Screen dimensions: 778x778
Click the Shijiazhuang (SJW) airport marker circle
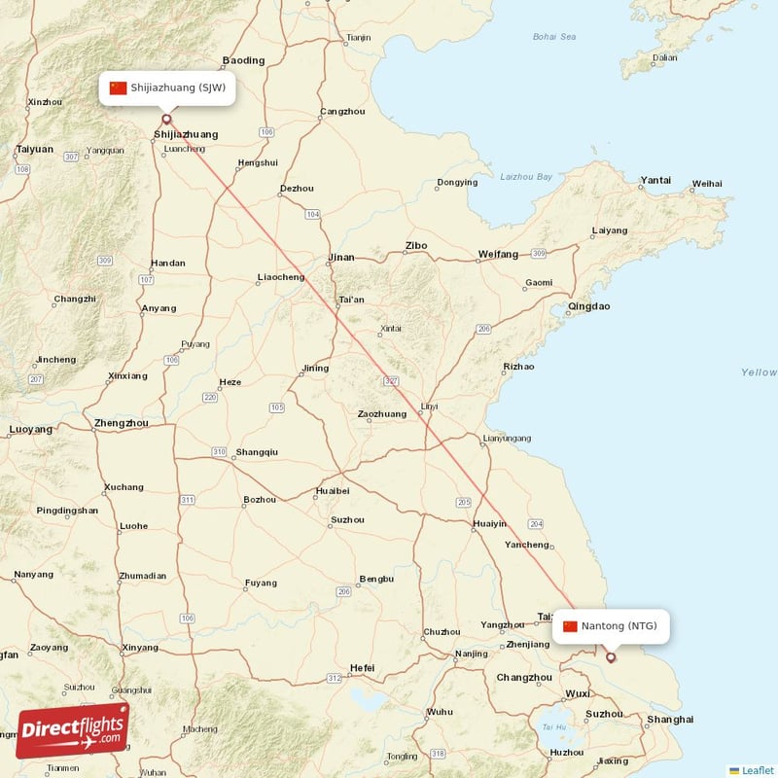(165, 120)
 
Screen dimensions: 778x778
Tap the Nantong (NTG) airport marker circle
(611, 657)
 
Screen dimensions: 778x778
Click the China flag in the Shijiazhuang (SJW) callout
(119, 88)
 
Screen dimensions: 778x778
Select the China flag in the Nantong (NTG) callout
(570, 625)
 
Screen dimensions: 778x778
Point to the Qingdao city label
(588, 306)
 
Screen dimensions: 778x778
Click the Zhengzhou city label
(122, 423)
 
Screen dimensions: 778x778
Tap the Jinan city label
(341, 258)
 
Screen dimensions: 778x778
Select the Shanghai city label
(670, 720)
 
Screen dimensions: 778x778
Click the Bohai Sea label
(554, 37)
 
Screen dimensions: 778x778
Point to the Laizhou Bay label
(526, 177)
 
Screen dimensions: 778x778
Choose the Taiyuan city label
(34, 150)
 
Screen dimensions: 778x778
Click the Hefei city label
(362, 668)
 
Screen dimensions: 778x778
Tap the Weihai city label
(707, 183)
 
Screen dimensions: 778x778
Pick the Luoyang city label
(30, 429)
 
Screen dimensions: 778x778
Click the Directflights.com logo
(73, 729)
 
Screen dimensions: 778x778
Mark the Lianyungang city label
(507, 439)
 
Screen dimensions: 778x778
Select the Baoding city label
(243, 60)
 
